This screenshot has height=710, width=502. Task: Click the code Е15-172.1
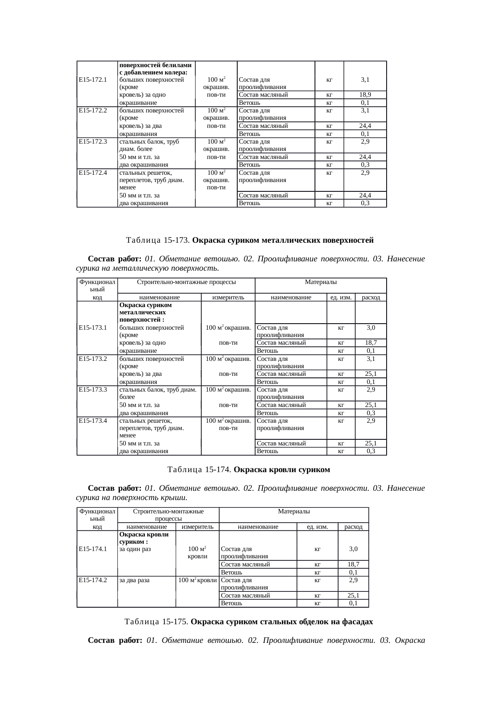pos(93,80)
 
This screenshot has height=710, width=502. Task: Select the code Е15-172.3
pos(93,142)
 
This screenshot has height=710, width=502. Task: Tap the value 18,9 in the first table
pos(365,95)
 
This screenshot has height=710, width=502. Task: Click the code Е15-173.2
pos(93,358)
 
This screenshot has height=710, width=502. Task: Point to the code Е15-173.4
pos(93,421)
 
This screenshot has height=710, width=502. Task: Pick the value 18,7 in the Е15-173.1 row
pos(371,343)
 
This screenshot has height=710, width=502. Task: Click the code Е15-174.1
pos(93,549)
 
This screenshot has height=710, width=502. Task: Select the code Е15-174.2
pos(93,580)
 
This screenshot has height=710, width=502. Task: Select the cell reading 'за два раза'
pos(134,580)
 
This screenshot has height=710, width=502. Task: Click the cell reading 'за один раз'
pos(135,549)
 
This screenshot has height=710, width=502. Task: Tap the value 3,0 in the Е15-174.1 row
pos(353,549)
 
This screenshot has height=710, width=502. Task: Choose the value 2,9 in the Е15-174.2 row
pos(353,580)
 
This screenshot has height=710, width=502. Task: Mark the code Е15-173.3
pos(93,390)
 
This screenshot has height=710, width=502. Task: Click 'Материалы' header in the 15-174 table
pos(294,511)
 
